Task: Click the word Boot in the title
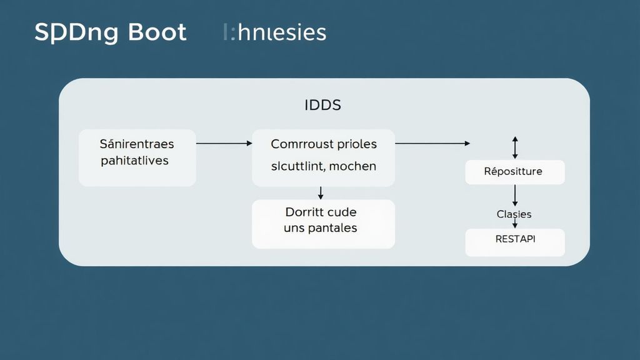157,32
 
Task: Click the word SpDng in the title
76,33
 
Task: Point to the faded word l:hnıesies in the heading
274,32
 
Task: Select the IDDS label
322,105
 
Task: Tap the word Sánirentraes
137,144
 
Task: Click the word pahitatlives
134,161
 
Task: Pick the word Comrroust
297,144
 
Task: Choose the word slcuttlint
297,166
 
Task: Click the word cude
342,212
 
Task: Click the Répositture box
514,172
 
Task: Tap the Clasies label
514,214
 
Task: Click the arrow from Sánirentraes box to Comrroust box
224,143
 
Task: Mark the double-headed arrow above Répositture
515,147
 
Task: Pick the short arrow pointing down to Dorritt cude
321,192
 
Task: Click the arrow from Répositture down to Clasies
515,196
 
